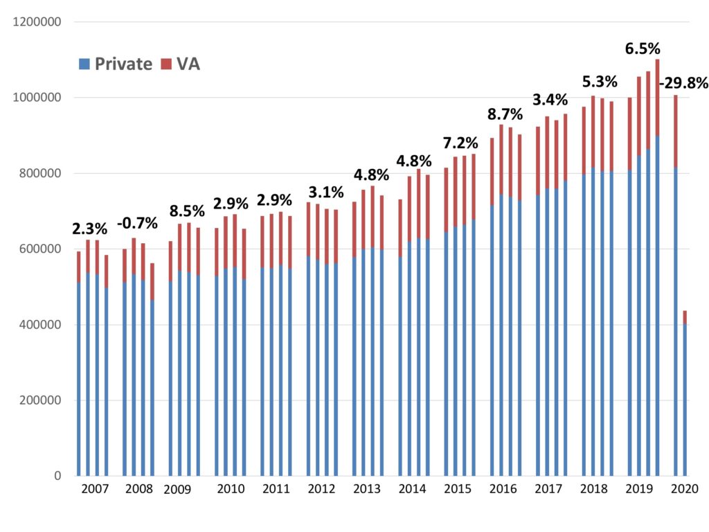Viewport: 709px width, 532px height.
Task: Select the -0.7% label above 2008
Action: [x=138, y=223]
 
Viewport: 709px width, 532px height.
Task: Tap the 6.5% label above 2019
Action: [x=643, y=48]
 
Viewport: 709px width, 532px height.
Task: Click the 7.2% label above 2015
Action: [x=460, y=143]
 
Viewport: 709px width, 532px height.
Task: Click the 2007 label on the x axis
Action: [x=94, y=489]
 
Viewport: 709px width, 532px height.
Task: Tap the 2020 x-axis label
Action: [x=685, y=489]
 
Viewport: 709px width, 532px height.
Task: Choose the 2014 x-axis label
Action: [x=413, y=489]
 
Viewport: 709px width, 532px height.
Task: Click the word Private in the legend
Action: [x=123, y=64]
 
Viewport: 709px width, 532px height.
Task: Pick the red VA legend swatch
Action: [x=166, y=64]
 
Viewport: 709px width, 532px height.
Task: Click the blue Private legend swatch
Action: [x=84, y=64]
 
